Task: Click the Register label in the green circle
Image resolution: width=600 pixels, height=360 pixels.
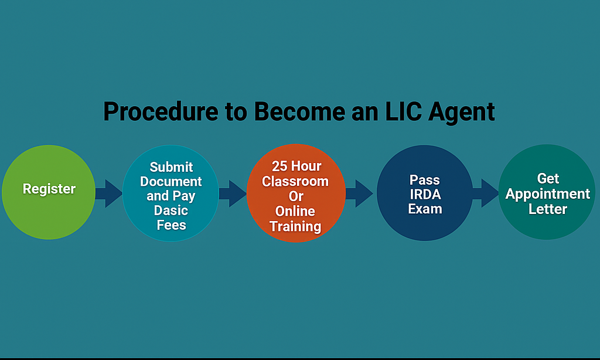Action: (x=49, y=189)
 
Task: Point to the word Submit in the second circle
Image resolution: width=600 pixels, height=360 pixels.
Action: (x=171, y=167)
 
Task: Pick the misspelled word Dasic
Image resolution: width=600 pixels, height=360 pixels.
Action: (x=171, y=210)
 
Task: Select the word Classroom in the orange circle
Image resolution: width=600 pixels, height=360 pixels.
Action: (x=295, y=181)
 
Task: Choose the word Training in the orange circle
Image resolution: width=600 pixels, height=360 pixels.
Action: (x=295, y=226)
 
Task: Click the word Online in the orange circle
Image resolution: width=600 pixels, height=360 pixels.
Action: (x=295, y=211)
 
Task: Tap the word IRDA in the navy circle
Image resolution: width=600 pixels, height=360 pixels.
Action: (x=425, y=193)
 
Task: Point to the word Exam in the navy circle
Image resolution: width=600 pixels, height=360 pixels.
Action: (x=425, y=208)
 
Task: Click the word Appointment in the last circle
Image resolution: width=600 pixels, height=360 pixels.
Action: (x=548, y=193)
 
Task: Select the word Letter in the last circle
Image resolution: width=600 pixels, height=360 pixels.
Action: (x=548, y=209)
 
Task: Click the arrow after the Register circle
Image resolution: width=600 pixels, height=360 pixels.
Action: (x=108, y=193)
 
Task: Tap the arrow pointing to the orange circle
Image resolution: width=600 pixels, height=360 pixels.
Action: (x=232, y=193)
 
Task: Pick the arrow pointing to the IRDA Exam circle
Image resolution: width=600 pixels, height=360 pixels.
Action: (x=359, y=193)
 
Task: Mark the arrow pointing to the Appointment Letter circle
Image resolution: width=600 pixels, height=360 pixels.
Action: (x=485, y=193)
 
